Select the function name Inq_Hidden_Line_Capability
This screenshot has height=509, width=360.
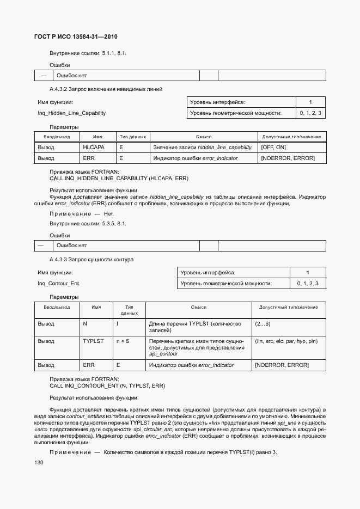(71, 113)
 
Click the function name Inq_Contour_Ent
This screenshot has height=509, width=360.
(58, 284)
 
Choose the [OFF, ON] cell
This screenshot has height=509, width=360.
(273, 148)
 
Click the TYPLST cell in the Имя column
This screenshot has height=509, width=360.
(93, 341)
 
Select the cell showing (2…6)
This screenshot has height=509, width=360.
(263, 324)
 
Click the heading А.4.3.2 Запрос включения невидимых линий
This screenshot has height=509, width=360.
(106, 89)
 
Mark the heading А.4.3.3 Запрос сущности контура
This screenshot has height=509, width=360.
(91, 259)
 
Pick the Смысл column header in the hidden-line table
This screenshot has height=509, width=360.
(204, 137)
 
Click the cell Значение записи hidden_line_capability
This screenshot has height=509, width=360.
(202, 148)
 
